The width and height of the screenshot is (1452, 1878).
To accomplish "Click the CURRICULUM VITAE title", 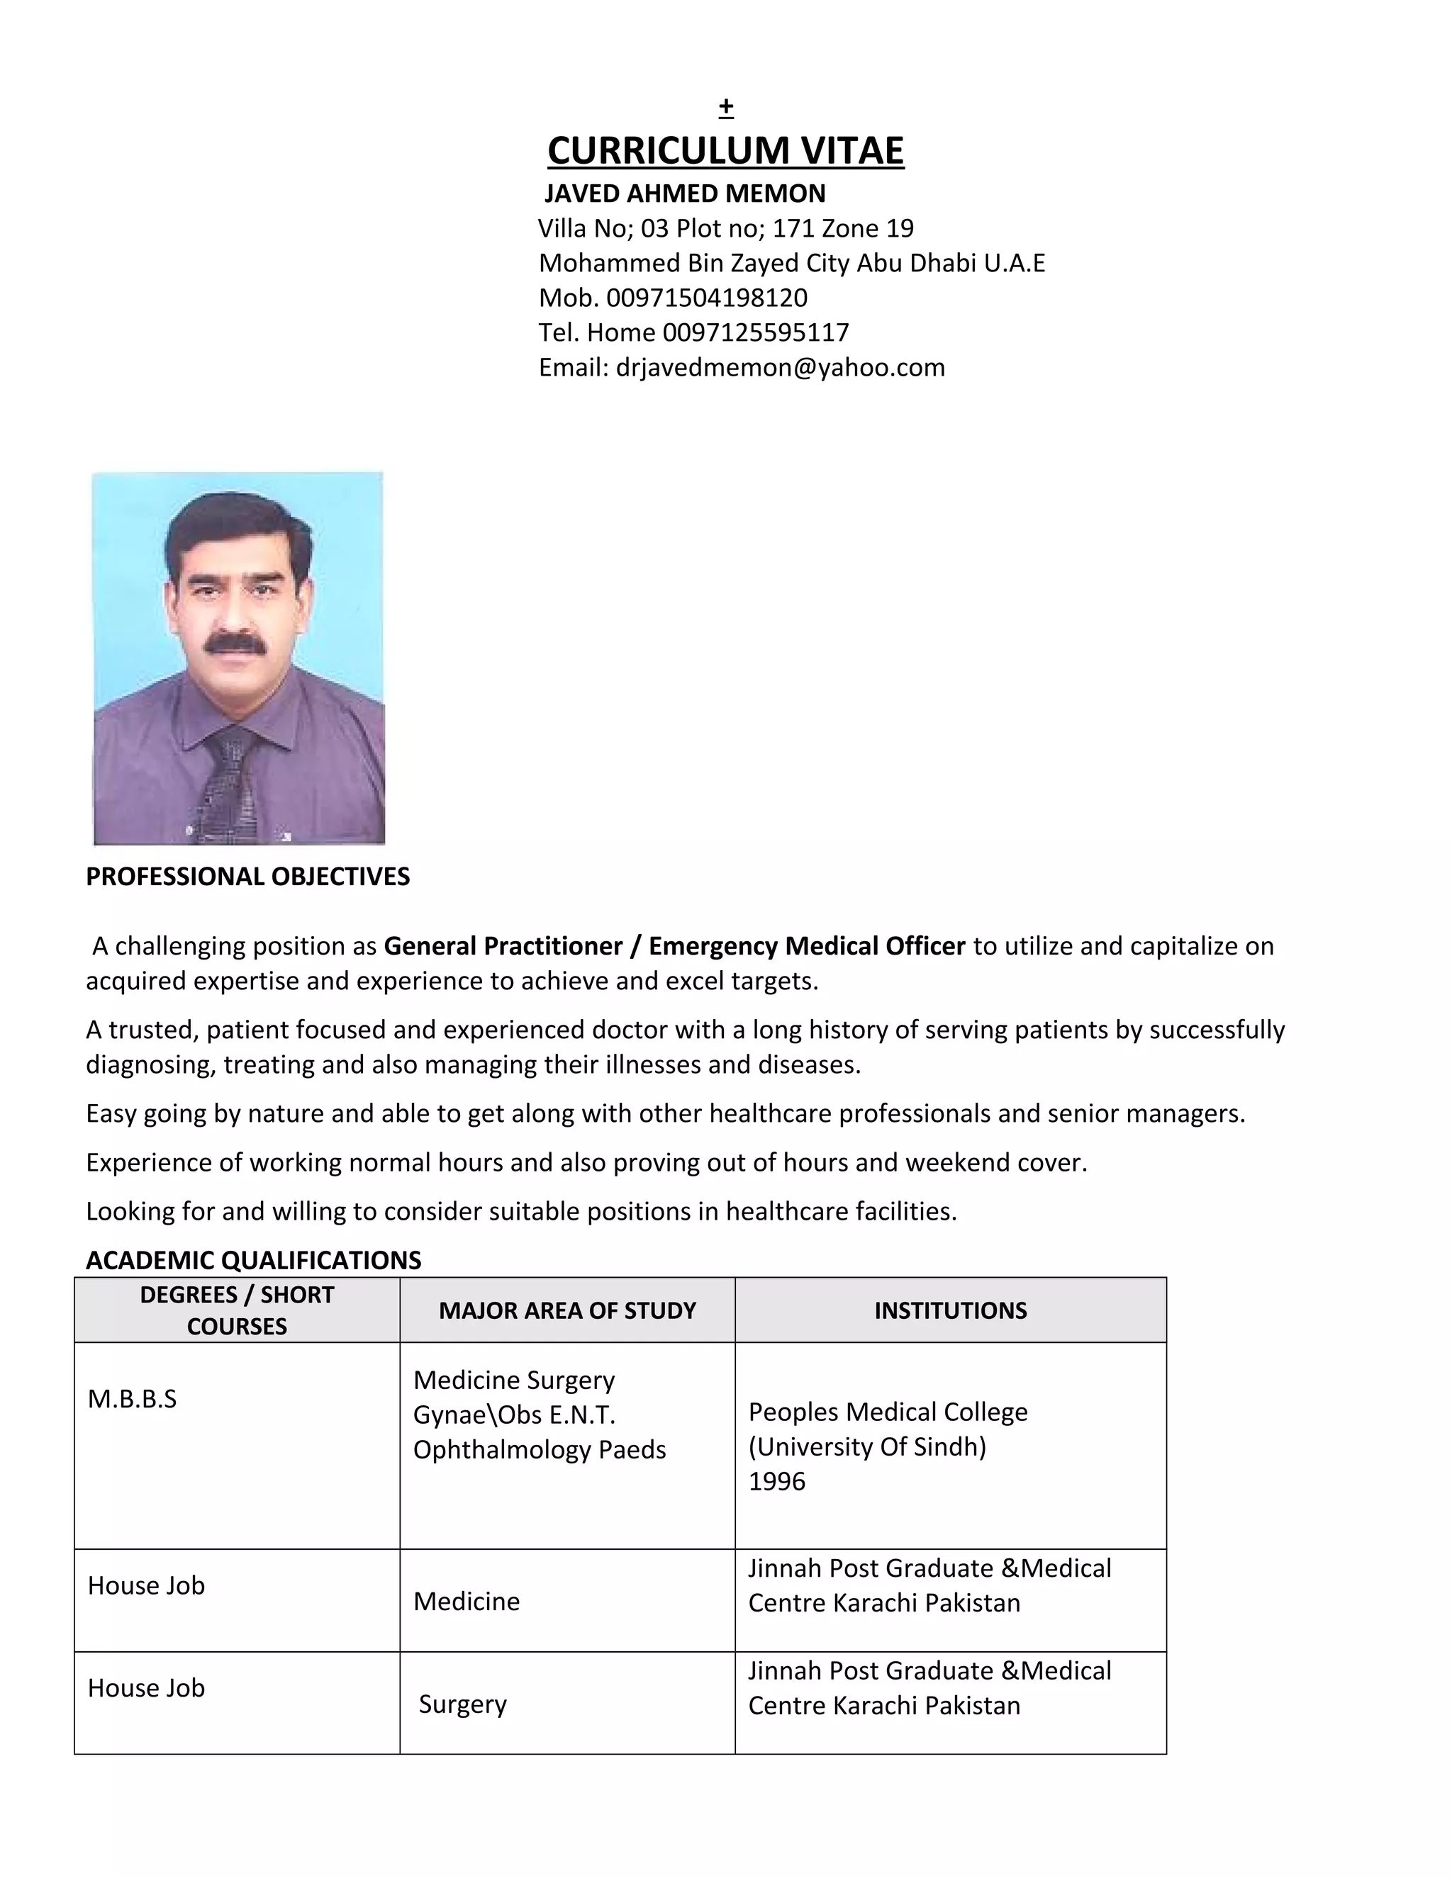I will (725, 150).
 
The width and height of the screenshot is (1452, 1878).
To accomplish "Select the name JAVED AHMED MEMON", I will (685, 193).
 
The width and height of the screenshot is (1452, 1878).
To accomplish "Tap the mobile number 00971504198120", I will (706, 298).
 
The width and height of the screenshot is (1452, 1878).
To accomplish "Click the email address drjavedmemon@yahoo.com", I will (779, 367).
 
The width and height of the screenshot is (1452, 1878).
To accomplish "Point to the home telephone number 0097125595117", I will (755, 332).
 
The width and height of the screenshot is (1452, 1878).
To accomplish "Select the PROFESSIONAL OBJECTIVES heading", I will (247, 876).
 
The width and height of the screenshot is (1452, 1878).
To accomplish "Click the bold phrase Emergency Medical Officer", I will (806, 946).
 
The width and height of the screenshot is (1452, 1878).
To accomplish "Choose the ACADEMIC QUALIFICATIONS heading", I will (254, 1260).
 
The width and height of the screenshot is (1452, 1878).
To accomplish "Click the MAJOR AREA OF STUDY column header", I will (567, 1310).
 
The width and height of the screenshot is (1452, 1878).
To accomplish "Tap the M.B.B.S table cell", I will (133, 1399).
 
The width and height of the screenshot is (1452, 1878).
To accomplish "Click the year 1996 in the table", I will (777, 1480).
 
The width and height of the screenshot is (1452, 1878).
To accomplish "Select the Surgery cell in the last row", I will (463, 1704).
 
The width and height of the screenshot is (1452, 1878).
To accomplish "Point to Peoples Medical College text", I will (888, 1412).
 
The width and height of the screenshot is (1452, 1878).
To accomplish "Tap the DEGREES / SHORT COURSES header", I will (237, 1310).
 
